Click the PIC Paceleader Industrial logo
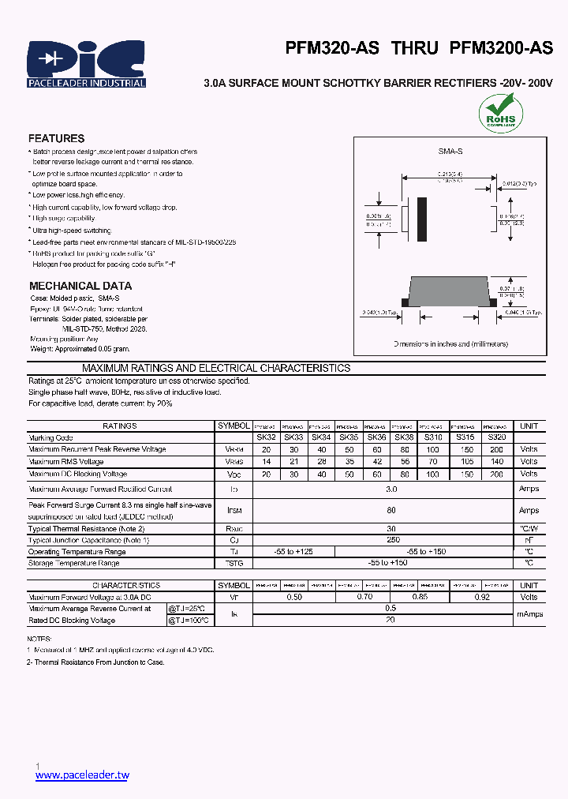[86, 63]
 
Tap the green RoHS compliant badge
[500, 112]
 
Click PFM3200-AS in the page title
[501, 48]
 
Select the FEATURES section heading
[56, 138]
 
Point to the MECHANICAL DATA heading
[80, 286]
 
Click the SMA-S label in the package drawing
[450, 150]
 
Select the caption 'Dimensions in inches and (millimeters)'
[450, 344]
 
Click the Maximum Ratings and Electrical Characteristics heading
[216, 368]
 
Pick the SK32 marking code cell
[265, 437]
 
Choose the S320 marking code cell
[496, 437]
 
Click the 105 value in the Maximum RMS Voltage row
[467, 462]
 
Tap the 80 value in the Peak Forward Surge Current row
[391, 511]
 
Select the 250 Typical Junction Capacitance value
[391, 539]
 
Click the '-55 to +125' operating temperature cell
[293, 551]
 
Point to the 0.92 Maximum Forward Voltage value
[482, 598]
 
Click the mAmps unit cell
[529, 614]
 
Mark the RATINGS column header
[120, 426]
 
